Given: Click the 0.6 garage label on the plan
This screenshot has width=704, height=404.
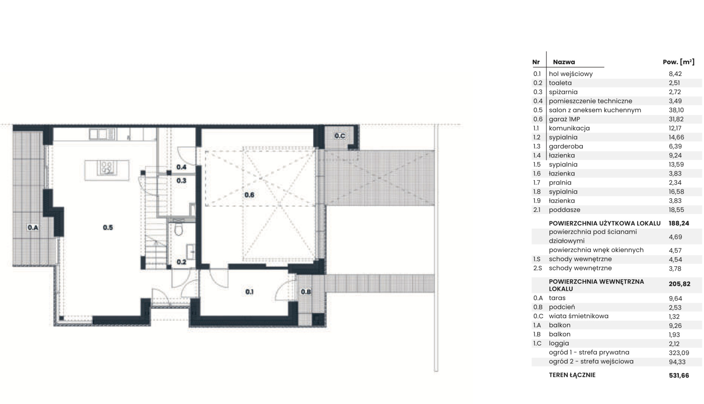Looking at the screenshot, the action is (x=249, y=195).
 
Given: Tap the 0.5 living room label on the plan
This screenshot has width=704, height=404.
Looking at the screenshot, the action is (x=108, y=227).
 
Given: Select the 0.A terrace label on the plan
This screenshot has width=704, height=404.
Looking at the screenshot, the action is (x=33, y=227).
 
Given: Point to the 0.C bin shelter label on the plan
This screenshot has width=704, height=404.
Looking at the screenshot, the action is (x=340, y=136).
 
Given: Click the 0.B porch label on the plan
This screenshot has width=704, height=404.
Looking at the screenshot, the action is (x=306, y=292).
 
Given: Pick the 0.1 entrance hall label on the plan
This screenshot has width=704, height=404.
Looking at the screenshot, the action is (x=249, y=292).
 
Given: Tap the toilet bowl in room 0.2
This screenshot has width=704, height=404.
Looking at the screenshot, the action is (x=179, y=229).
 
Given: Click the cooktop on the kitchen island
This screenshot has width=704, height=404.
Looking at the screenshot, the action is (x=107, y=168).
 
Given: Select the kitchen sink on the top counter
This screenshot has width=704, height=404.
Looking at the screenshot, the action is (x=102, y=134).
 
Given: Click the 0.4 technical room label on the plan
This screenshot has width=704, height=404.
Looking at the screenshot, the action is (x=181, y=167).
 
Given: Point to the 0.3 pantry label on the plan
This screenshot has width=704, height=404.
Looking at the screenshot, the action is (x=181, y=181).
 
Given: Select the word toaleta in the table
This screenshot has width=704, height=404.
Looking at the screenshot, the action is (x=560, y=83).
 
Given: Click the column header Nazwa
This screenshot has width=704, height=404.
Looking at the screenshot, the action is (x=564, y=62).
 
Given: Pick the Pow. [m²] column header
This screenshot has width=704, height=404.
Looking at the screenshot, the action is (x=679, y=62).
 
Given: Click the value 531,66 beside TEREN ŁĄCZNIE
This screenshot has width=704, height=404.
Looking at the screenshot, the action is (x=679, y=376).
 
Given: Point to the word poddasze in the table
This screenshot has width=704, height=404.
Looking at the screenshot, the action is (x=565, y=210).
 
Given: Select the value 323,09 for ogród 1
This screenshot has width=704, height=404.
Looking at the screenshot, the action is (x=679, y=353).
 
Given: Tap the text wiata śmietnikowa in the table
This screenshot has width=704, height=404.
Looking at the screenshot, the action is (x=579, y=316).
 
